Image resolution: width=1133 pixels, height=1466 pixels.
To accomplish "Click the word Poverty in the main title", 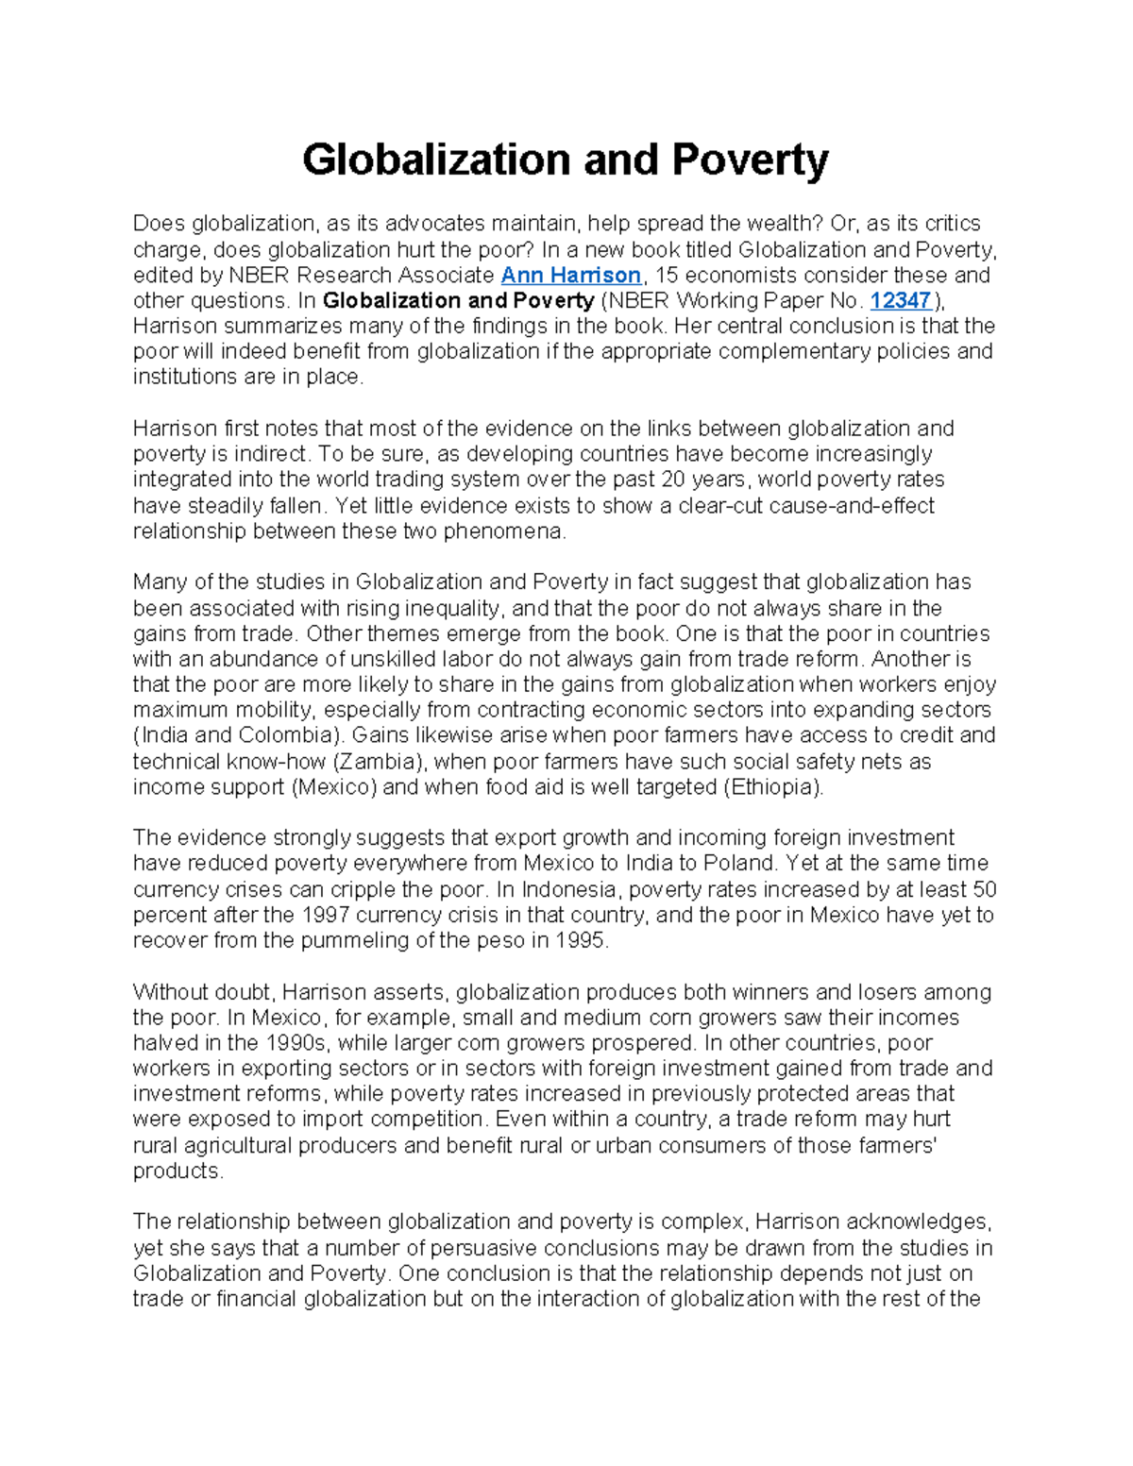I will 750,160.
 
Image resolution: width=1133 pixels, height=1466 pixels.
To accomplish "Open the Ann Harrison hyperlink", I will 570,276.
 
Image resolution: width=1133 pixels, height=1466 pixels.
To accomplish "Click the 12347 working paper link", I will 900,301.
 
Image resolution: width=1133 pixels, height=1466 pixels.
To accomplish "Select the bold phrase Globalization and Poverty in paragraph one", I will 458,301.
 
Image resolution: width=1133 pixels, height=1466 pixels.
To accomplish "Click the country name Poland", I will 740,864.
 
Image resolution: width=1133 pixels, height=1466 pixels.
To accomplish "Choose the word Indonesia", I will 568,889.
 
